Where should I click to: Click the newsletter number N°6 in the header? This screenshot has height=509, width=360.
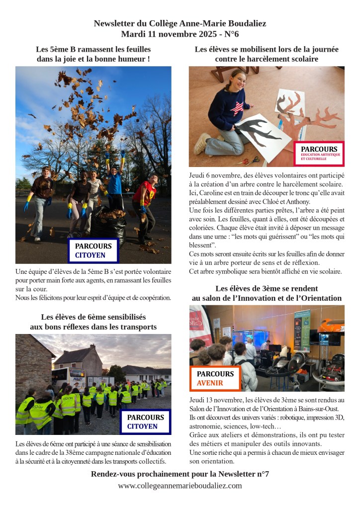tap(231, 34)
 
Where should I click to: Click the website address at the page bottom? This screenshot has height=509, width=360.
tap(180, 486)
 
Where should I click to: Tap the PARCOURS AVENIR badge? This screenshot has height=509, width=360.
tap(215, 378)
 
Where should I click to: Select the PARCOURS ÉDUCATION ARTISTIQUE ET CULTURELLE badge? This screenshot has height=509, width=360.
tap(319, 153)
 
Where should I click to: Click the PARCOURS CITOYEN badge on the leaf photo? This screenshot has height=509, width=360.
tap(93, 251)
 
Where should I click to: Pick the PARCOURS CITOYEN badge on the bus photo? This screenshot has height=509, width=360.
tap(145, 422)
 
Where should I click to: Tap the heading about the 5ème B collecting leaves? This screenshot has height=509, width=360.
tap(93, 54)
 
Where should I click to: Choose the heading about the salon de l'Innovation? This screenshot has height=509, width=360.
tap(267, 293)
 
